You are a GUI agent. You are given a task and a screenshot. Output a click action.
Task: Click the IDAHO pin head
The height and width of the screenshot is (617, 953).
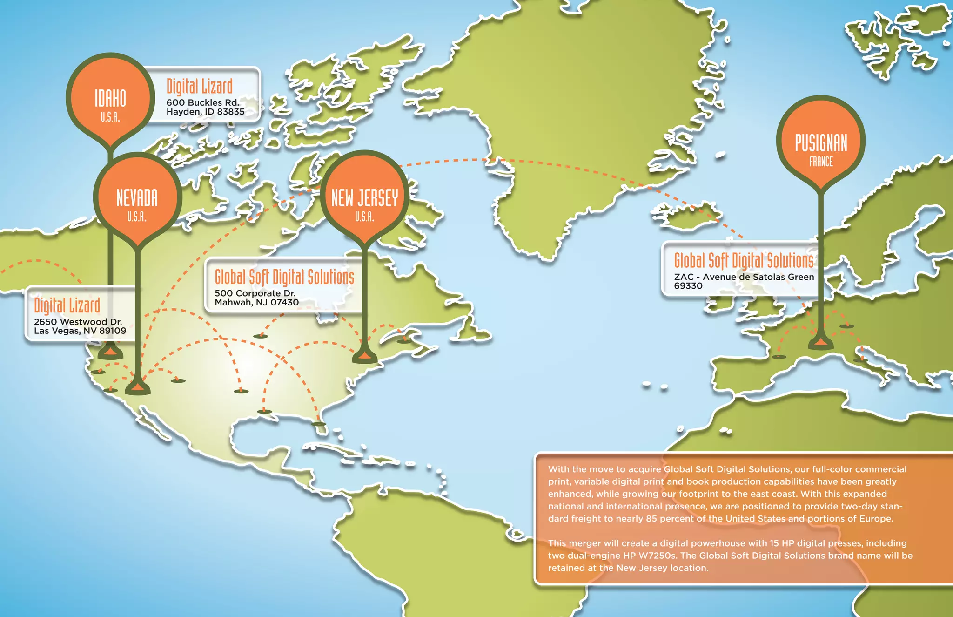point(111,100)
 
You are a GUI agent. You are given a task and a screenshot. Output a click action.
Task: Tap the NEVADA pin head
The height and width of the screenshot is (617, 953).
point(137,199)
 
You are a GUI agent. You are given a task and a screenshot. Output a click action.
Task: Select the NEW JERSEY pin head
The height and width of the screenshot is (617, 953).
point(364,199)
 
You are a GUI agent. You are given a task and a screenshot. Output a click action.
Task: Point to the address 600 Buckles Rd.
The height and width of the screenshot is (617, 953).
point(203,102)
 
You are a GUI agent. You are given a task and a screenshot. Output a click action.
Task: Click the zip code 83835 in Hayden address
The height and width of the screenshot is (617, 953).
point(231,112)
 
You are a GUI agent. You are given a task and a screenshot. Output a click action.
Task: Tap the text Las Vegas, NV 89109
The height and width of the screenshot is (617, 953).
point(80,331)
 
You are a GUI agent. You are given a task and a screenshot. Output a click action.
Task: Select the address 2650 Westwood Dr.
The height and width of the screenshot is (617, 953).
point(78,322)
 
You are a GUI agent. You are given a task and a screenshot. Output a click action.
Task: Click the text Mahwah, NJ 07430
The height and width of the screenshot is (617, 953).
point(256,302)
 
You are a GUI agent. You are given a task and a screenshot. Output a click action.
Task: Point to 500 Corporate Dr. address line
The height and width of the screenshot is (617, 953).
point(255,293)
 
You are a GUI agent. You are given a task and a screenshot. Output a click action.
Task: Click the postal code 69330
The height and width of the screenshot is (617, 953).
point(688,286)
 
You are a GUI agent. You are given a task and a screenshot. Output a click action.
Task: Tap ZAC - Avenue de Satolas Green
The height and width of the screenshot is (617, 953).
point(744,277)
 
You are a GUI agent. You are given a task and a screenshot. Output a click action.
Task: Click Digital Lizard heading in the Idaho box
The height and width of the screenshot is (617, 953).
point(200,87)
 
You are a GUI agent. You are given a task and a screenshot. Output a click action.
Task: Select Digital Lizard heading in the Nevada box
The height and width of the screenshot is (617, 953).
point(67,306)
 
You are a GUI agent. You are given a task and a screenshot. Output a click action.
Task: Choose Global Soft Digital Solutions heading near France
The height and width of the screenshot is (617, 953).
point(744,261)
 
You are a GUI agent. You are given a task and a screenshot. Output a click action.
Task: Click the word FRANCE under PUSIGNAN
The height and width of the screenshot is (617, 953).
point(821,162)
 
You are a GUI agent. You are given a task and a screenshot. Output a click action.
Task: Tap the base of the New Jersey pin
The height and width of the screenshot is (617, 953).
point(365,358)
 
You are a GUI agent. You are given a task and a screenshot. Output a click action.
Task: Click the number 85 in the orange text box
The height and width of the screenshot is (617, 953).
point(651,519)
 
